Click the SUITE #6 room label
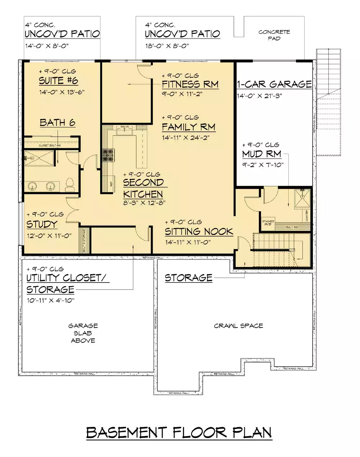click(x=58, y=81)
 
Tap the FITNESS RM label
click(x=190, y=85)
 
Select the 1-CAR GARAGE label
click(x=274, y=84)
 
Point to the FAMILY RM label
click(x=188, y=127)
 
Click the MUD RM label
click(x=262, y=154)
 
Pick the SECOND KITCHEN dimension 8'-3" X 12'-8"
click(x=144, y=203)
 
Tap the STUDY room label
click(x=42, y=224)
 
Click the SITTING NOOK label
click(x=199, y=231)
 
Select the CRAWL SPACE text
click(x=238, y=326)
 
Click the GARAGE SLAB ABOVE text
click(x=83, y=333)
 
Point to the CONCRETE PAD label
click(x=274, y=35)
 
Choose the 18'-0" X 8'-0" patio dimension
click(x=167, y=46)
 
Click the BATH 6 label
click(x=58, y=123)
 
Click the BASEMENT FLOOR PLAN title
click(x=179, y=433)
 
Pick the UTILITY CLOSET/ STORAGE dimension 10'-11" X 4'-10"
click(x=50, y=300)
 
